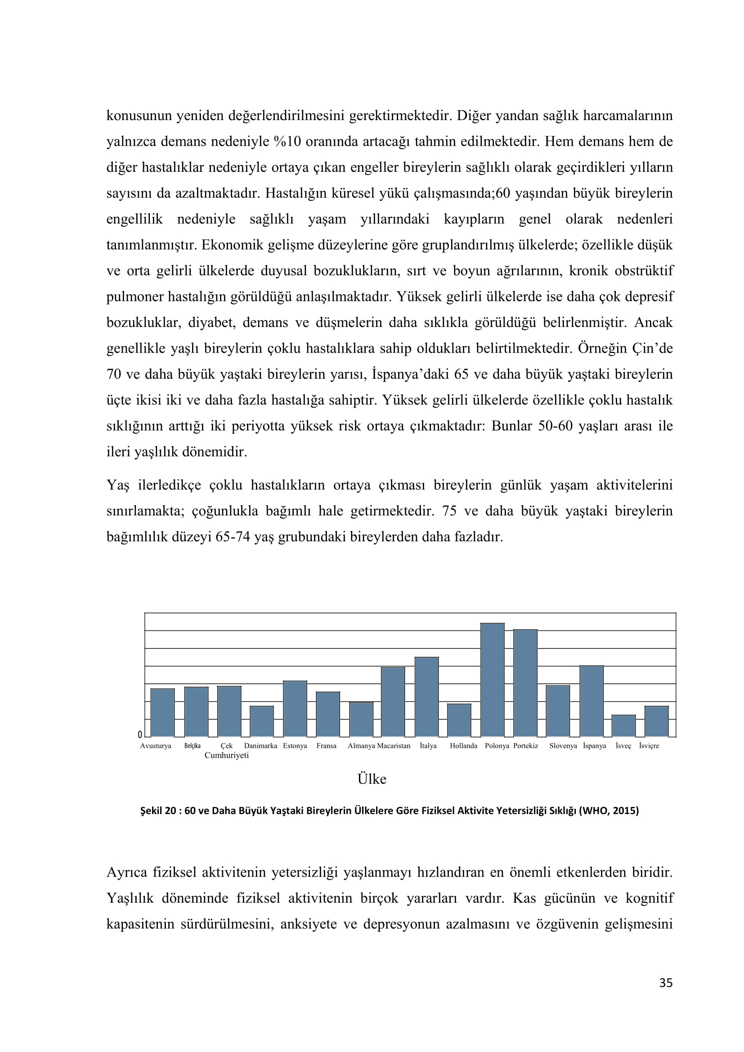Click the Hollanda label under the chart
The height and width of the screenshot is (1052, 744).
tap(463, 746)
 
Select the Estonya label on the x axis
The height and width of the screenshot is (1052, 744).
tap(295, 746)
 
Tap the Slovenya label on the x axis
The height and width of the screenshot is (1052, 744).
tap(563, 746)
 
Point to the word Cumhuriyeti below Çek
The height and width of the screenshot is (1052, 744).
tap(226, 756)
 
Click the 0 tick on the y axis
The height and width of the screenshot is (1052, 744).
tap(140, 735)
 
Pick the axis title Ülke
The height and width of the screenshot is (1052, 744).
tap(372, 779)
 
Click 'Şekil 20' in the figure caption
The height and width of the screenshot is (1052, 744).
tap(158, 810)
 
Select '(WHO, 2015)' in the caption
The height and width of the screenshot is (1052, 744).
tap(609, 810)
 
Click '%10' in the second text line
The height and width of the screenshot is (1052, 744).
tap(287, 142)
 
